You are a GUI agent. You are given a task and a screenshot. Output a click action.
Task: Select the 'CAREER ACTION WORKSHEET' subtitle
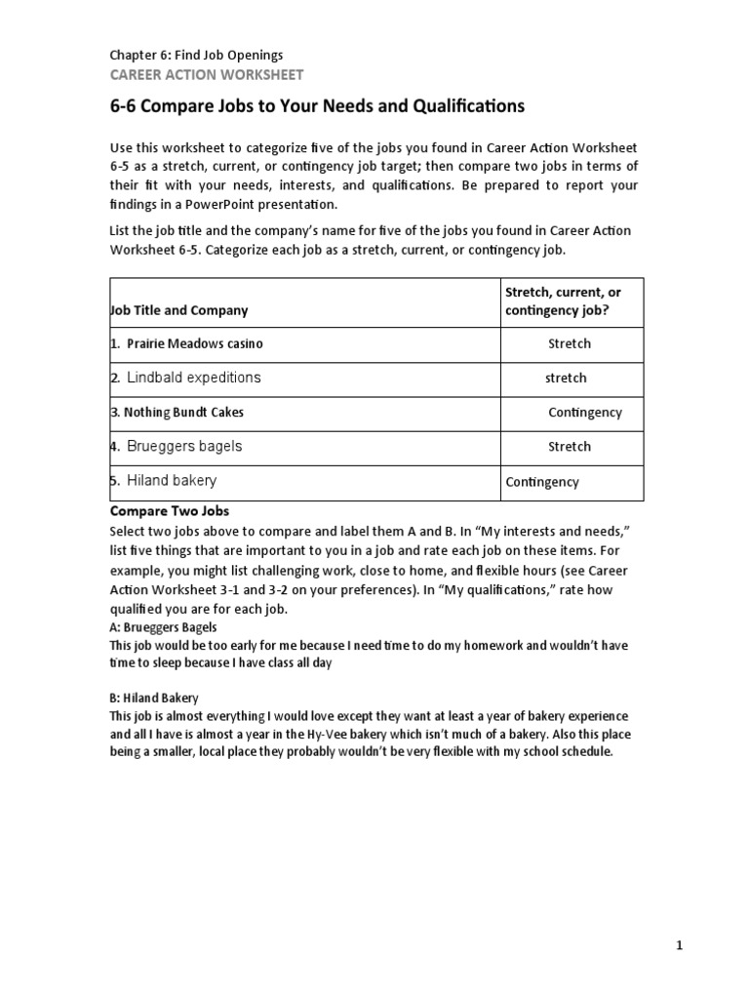click(206, 74)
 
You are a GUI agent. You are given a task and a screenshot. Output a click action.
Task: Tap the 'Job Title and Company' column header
click(178, 310)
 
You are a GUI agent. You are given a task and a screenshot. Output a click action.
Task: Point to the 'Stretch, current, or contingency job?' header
click(563, 301)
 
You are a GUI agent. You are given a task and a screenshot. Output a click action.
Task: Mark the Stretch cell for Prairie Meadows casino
click(570, 344)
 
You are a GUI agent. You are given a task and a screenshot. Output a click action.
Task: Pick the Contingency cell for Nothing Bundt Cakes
click(584, 413)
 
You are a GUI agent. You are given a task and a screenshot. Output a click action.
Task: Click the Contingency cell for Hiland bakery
click(542, 482)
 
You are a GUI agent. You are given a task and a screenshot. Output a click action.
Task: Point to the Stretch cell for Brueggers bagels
click(570, 447)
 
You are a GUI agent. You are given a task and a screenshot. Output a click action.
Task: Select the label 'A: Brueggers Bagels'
click(163, 627)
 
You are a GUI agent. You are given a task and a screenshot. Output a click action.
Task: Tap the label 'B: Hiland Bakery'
click(154, 698)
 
